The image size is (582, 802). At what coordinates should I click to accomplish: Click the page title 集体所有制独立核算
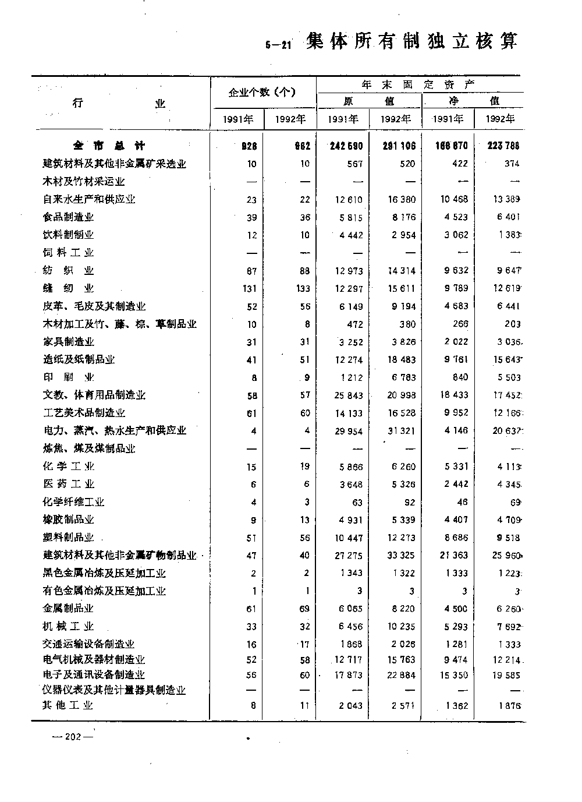[412, 41]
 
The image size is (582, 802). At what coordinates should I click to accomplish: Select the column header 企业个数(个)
[262, 92]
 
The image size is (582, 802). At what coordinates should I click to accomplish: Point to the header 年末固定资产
[418, 84]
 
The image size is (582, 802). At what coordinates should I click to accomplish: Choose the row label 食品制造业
[69, 217]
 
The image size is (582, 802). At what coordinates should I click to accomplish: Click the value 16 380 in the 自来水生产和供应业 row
[402, 199]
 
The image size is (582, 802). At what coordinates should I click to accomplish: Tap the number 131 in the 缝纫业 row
[247, 289]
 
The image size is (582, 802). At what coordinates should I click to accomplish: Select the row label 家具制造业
[69, 342]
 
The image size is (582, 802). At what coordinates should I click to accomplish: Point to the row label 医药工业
[69, 484]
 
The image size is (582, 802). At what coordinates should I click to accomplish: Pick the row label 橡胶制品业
[69, 520]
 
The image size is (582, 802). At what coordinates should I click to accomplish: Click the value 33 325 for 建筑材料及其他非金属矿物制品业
[402, 556]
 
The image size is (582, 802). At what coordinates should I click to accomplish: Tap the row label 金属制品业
[69, 609]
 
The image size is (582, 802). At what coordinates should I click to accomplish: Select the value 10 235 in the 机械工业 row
[402, 627]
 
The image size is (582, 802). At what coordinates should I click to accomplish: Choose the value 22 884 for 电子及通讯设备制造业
[402, 676]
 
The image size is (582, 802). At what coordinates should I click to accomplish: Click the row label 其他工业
[68, 705]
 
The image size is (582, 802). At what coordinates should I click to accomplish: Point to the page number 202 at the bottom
[73, 737]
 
